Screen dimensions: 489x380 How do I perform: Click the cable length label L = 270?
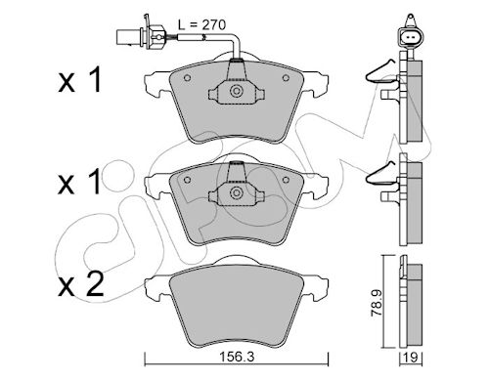(x=201, y=24)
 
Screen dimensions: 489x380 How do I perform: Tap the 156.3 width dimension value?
(x=237, y=358)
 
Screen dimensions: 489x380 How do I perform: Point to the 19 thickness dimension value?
(x=412, y=358)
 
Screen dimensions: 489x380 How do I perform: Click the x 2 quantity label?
(x=81, y=284)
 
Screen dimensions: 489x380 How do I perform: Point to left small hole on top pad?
(x=187, y=78)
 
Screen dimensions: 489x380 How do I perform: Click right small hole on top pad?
(x=286, y=78)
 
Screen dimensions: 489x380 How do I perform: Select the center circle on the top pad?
(x=236, y=91)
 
